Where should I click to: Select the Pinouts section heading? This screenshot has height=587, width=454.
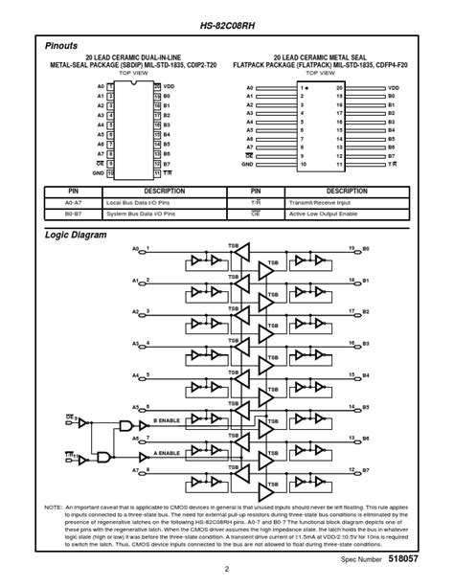[62, 45]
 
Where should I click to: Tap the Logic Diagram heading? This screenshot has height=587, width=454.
[76, 235]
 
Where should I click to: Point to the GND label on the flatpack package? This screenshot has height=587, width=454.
[247, 164]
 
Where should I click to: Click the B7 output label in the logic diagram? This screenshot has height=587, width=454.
[365, 470]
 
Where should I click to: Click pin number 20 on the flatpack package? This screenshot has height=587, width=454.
[338, 86]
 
